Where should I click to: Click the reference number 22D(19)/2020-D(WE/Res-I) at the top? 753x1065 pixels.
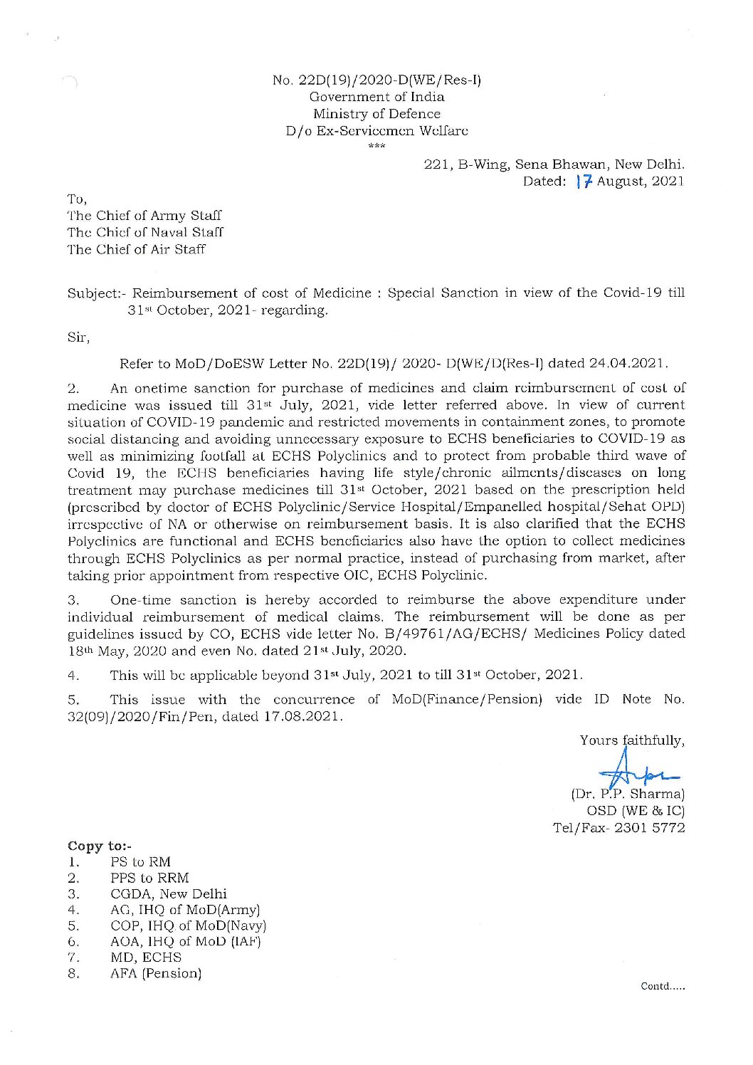tap(377, 80)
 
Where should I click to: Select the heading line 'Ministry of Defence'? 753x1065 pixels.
tap(376, 114)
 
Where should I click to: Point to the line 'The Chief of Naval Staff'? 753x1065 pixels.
tap(145, 232)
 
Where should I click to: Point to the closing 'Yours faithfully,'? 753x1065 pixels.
tap(632, 740)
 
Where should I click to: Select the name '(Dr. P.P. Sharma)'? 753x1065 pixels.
tap(628, 793)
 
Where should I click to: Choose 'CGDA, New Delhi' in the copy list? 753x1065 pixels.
tap(169, 893)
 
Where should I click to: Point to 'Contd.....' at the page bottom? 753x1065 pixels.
tap(663, 986)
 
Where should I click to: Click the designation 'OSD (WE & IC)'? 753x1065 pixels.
tap(636, 810)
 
